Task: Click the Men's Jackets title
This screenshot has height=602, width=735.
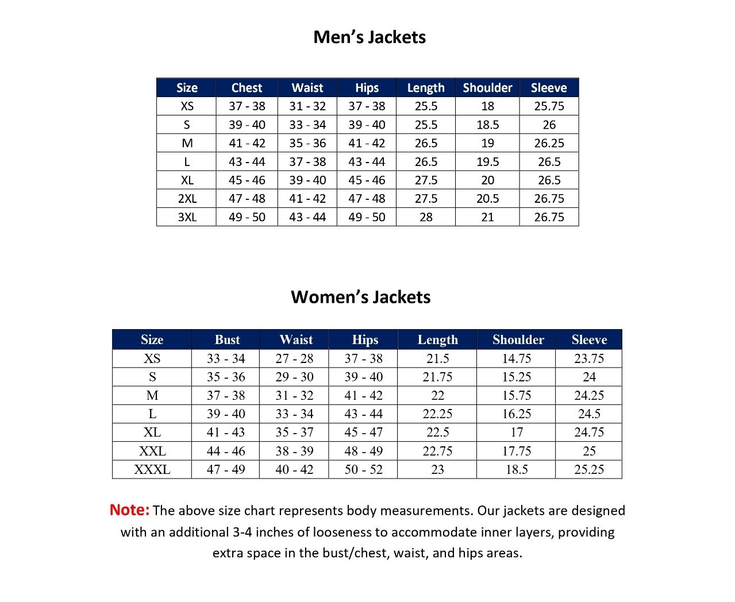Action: (370, 37)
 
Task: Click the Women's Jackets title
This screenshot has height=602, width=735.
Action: (360, 297)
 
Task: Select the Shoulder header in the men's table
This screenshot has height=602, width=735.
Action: (487, 88)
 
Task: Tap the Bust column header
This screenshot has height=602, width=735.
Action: (227, 339)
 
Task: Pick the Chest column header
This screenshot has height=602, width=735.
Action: (247, 88)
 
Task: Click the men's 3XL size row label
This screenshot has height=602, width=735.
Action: (187, 217)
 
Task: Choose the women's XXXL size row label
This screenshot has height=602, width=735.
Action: (152, 469)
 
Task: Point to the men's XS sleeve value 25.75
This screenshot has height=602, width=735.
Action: (549, 106)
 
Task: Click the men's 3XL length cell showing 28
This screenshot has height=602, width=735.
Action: (426, 217)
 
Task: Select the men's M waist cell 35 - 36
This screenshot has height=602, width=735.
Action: (307, 143)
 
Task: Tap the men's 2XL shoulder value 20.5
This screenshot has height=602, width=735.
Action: (487, 199)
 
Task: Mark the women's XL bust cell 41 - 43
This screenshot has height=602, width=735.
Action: (226, 433)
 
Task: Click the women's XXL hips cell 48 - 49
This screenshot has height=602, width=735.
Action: (363, 451)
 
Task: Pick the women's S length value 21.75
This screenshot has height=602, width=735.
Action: (437, 377)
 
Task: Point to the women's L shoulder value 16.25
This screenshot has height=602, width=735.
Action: (517, 414)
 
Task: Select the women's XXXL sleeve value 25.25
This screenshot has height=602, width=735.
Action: (589, 469)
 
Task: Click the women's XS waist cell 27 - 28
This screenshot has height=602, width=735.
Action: (294, 358)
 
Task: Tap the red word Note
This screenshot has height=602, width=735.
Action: (129, 510)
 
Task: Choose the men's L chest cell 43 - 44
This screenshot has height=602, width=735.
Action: (247, 162)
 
